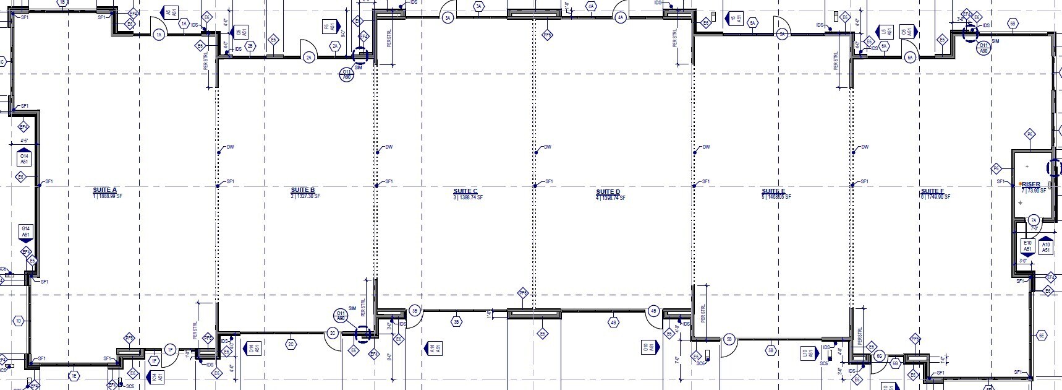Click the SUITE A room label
[x=105, y=190]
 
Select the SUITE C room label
[x=465, y=191]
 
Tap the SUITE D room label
[x=608, y=192]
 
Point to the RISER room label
[x=1031, y=184]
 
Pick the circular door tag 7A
[x=1034, y=220]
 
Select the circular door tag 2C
[x=333, y=334]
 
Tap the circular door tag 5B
[x=729, y=339]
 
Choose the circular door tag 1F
[x=171, y=350]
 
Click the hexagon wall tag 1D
[x=19, y=321]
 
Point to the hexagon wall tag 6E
[x=1042, y=335]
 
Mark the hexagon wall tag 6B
[x=1013, y=24]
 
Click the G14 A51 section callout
[x=25, y=232]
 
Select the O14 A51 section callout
[x=24, y=159]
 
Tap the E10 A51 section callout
[x=1027, y=246]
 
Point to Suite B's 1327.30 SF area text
[x=305, y=196]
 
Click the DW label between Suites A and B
[x=231, y=147]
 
